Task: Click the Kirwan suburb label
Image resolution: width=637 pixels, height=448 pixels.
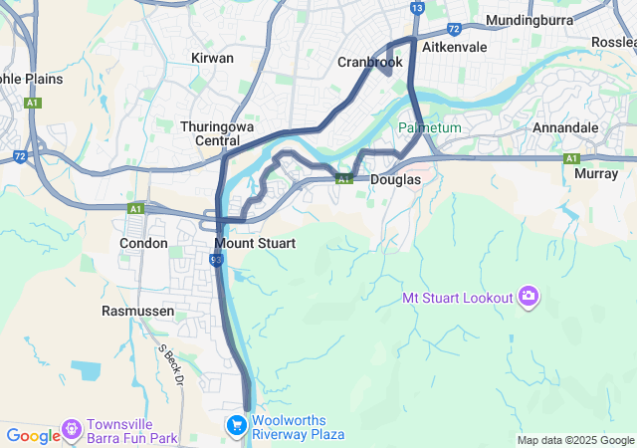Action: pos(213,59)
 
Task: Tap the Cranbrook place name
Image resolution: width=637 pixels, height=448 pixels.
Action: pos(369,62)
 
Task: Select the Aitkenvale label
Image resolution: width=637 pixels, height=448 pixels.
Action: pos(454,47)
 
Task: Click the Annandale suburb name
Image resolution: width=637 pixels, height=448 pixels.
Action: pos(565,128)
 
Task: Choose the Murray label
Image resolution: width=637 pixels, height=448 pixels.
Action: pos(596,173)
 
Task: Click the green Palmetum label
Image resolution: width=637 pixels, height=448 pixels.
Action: pos(431,128)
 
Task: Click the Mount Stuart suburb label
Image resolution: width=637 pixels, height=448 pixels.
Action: pos(255,243)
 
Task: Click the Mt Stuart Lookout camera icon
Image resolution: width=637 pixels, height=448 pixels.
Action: pos(529,297)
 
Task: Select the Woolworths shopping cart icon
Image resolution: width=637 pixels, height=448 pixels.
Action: pos(236,426)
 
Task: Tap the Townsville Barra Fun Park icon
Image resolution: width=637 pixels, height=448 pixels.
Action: pos(72,429)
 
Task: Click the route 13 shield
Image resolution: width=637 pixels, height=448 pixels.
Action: pos(417,8)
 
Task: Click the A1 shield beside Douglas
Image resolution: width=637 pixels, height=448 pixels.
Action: pos(343,179)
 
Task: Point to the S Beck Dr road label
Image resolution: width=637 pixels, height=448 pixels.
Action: pos(172,364)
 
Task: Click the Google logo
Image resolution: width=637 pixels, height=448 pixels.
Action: pos(33,435)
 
